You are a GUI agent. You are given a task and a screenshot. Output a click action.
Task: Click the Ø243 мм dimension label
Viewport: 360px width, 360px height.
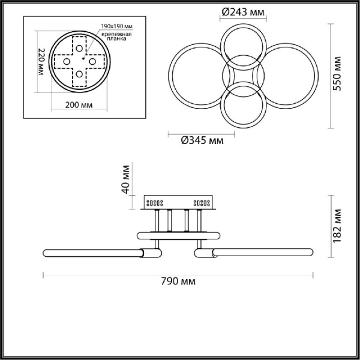pos(243,12)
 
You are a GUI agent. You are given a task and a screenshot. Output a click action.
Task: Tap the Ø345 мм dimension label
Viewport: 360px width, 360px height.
pos(202,140)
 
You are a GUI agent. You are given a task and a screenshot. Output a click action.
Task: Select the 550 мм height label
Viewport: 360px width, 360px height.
pos(337,73)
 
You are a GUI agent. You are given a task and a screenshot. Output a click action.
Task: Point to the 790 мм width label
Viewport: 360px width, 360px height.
pos(178,281)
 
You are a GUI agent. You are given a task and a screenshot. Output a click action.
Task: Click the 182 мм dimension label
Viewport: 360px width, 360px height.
pos(337,226)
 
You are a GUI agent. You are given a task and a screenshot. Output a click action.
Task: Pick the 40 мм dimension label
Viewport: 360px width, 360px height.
pos(125,179)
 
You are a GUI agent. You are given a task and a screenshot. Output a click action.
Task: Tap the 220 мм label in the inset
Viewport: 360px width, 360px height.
pos(41,62)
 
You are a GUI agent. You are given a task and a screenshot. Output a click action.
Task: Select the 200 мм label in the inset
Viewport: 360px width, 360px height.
pos(79,105)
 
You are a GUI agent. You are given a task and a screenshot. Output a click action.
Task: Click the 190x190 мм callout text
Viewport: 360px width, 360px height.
pos(117,26)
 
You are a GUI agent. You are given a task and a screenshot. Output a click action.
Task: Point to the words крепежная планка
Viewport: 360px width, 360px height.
pos(116,36)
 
